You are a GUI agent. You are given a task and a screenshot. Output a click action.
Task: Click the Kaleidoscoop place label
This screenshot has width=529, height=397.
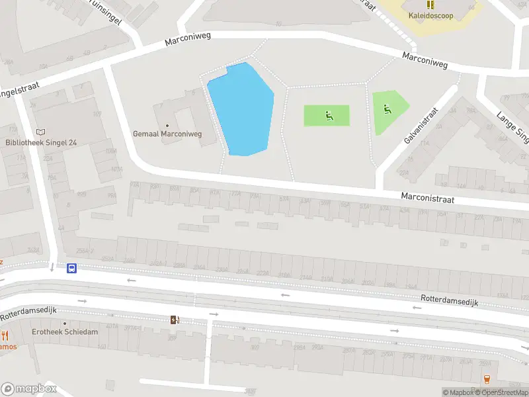point(431,15)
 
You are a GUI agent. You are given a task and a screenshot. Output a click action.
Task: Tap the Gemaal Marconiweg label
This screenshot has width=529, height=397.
point(167,134)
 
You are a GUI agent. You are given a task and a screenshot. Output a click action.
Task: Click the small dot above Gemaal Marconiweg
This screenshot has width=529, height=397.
point(167,125)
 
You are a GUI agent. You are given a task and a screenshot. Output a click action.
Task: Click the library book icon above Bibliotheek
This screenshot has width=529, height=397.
point(41,132)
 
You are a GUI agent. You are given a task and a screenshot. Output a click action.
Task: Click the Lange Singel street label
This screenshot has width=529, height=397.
point(513,127)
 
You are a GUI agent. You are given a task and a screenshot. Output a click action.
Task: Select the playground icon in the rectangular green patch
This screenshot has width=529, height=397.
point(328,116)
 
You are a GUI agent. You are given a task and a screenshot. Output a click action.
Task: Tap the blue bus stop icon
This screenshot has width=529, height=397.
point(71,268)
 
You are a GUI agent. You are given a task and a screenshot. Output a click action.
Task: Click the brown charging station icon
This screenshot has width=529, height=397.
point(175,320)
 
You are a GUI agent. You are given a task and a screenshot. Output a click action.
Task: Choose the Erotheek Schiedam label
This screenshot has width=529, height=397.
point(65,331)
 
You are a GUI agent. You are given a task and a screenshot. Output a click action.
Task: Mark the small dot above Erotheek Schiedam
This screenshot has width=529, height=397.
point(65,324)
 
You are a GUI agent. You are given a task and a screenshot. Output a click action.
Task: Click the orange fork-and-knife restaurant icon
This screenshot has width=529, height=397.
point(5,335)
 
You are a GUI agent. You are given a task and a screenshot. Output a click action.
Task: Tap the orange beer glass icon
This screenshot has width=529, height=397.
point(487,379)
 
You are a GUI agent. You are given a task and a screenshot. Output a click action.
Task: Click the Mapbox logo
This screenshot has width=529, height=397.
point(28,389)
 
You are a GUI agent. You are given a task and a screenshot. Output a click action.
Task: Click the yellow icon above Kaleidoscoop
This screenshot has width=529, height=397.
point(431,4)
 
